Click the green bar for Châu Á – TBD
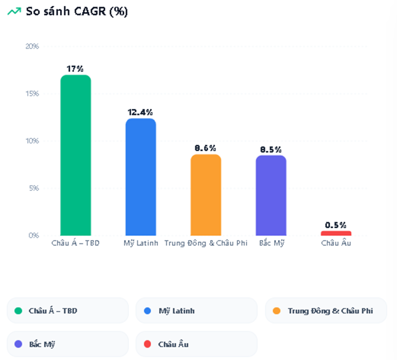[76, 155]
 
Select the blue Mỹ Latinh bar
[140, 177]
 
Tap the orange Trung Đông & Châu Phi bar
[206, 195]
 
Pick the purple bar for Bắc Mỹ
[271, 196]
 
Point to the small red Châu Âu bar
[336, 233]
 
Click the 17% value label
[76, 69]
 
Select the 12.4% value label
[140, 112]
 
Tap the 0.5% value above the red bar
[336, 225]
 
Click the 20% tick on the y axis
[32, 46]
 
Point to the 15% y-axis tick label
[32, 94]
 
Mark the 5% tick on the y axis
[33, 188]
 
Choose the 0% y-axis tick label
[33, 235]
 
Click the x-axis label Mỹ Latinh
[141, 243]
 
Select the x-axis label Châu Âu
[336, 243]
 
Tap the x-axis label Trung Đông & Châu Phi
[206, 243]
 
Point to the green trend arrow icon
[14, 12]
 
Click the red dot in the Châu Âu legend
[148, 344]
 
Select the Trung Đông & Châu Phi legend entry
[326, 310]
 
